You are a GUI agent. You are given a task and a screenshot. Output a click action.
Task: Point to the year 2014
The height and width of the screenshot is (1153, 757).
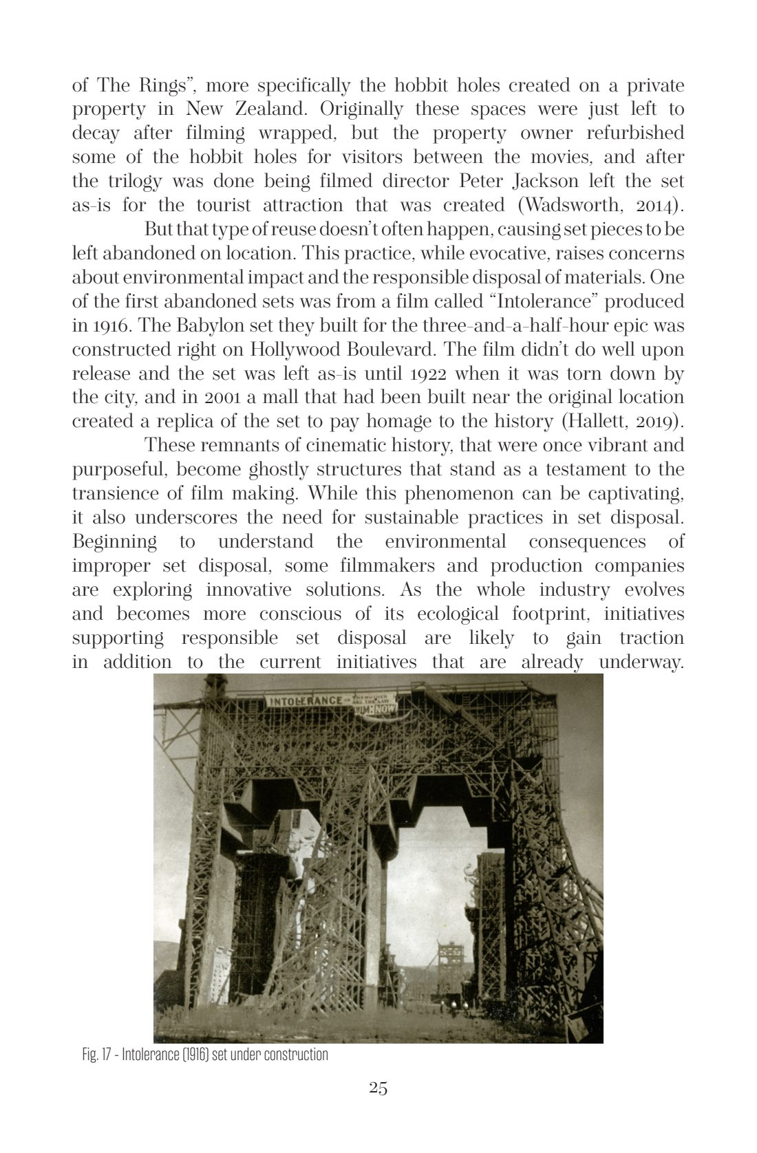click(x=657, y=205)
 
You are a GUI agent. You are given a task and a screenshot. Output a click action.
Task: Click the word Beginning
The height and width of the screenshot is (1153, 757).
click(x=114, y=541)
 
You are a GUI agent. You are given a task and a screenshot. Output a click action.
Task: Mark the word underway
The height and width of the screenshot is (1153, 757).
click(x=641, y=662)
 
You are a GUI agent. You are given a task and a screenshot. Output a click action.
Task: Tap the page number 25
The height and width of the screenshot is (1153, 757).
click(x=378, y=1088)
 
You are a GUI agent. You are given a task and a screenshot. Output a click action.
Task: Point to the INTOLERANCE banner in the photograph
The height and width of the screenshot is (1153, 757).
click(x=304, y=700)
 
